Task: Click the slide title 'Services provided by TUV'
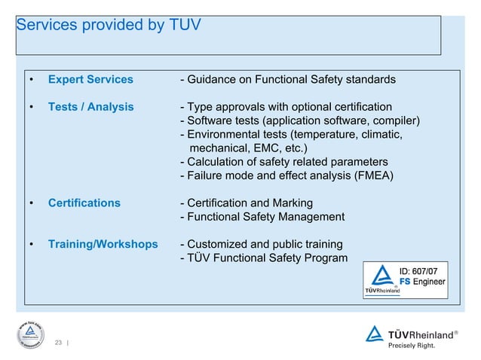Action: (x=109, y=25)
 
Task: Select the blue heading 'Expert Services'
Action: (x=90, y=80)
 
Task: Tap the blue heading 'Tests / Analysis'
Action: (x=91, y=107)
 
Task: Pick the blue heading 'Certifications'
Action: (x=84, y=203)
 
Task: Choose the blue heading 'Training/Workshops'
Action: (x=103, y=245)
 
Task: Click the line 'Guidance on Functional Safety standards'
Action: (x=287, y=80)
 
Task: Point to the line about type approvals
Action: (x=286, y=107)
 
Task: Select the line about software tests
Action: (x=300, y=121)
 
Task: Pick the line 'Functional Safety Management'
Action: (x=262, y=217)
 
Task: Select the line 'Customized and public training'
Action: (x=261, y=245)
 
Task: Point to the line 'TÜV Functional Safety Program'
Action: (x=264, y=258)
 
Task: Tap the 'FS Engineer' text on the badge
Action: (x=422, y=282)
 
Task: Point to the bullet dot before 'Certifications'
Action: (x=31, y=203)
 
